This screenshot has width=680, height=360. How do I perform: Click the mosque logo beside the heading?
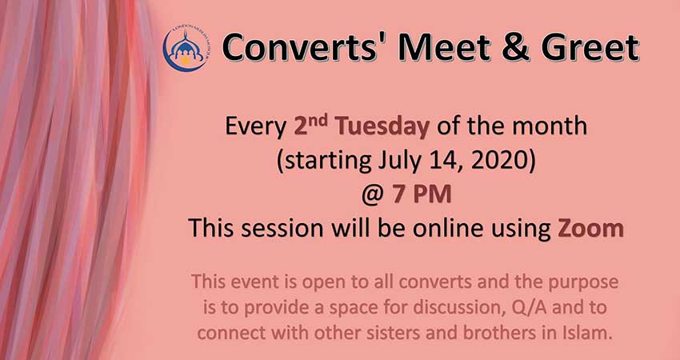tap(185, 49)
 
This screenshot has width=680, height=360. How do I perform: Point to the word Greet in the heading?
tap(590, 47)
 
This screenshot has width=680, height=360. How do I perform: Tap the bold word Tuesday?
tap(383, 127)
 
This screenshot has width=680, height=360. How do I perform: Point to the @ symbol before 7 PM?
tap(373, 194)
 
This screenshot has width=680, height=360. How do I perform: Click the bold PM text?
tap(432, 194)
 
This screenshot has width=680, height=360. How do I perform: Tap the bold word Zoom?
tap(590, 229)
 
